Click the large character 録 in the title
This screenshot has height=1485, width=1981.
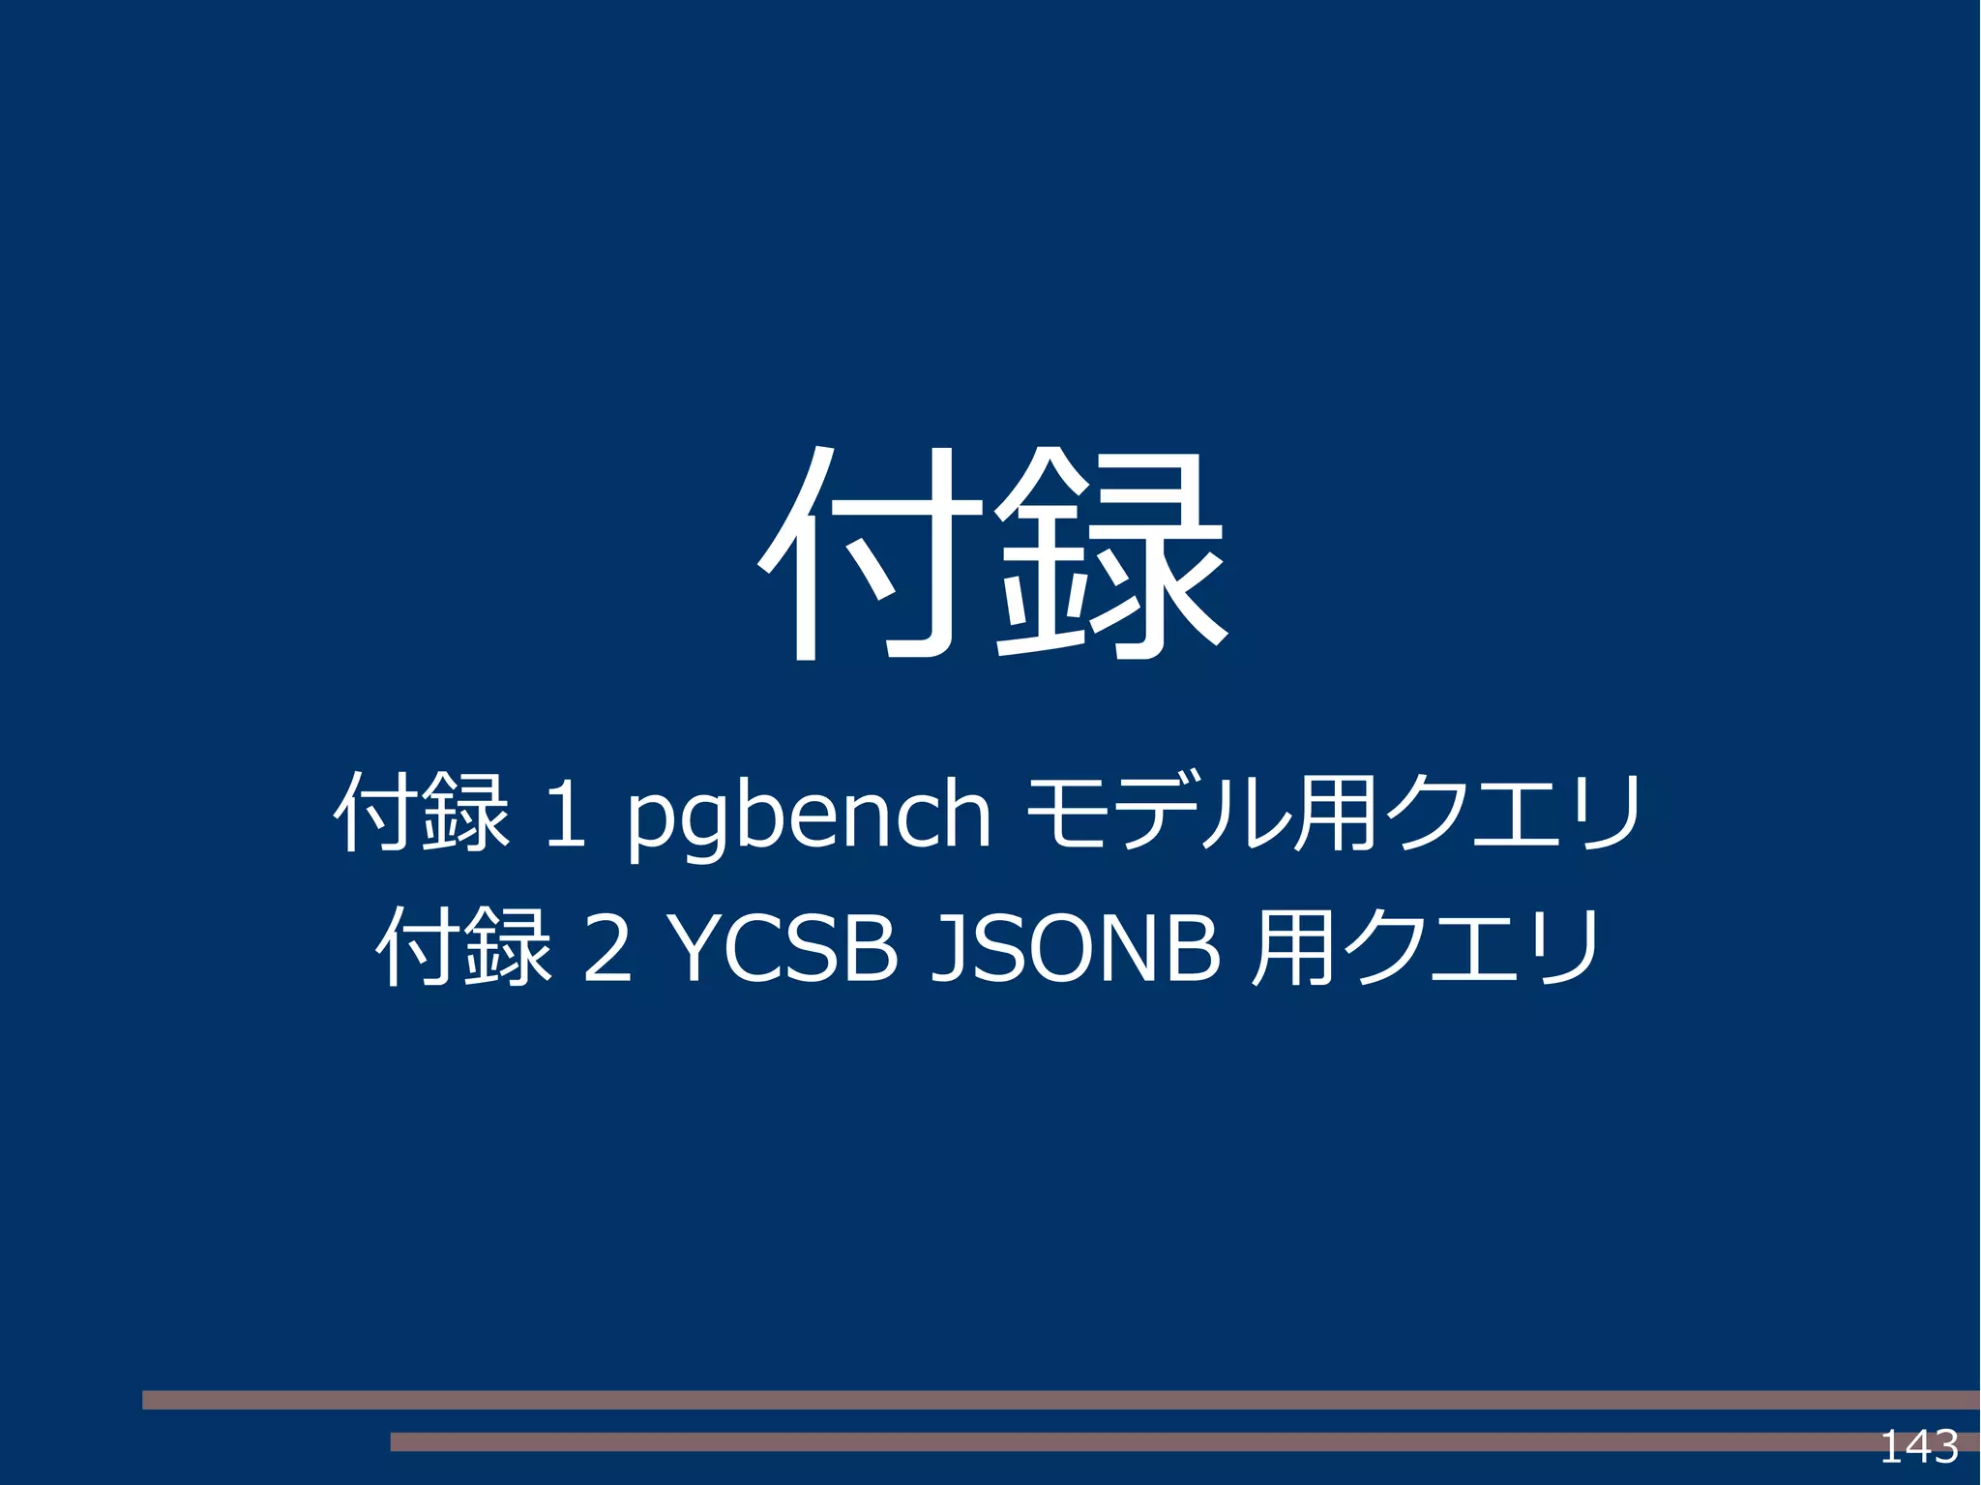click(1109, 554)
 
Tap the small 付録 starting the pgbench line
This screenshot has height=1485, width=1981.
click(422, 812)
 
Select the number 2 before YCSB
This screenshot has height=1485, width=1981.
click(608, 949)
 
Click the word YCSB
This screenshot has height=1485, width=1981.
click(781, 948)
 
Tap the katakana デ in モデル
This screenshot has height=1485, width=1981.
click(1163, 813)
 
